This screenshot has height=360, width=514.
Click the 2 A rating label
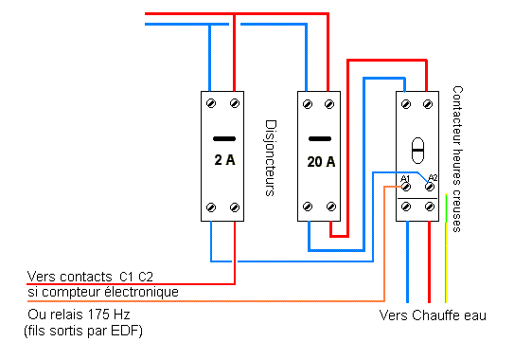pos(224,160)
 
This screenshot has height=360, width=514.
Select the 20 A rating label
pos(321,161)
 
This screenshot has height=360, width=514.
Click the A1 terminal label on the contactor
pos(405,178)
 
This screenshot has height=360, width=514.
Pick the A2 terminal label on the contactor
pos(433,177)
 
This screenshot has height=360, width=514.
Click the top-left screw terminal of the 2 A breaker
pos(214,101)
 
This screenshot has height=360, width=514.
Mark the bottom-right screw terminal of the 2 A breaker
pos(235,207)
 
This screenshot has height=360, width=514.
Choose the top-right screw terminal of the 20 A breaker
pos(330,101)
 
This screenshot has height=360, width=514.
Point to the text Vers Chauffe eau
pos(432,315)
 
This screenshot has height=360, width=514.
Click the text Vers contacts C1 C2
pos(90,276)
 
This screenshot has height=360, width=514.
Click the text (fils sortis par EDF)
pos(80,331)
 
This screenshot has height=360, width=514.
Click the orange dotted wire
pos(383,246)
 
